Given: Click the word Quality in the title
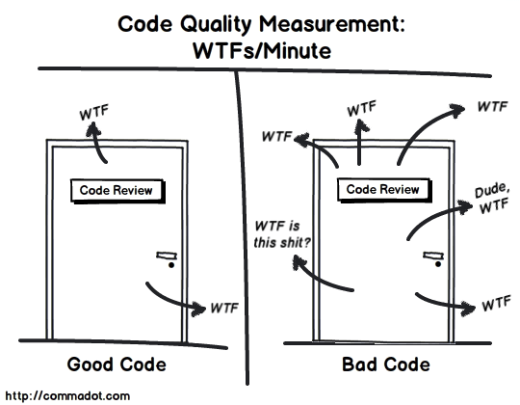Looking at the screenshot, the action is coord(216,24).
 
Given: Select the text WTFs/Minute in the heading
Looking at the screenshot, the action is coord(262,51).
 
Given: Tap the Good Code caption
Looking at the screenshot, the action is coord(117,364).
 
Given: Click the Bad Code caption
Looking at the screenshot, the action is coord(386,364).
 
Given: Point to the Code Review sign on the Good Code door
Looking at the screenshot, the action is coord(117,191).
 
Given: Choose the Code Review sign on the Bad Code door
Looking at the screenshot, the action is coord(384,190).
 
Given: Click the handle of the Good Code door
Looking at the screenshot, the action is coord(167,256).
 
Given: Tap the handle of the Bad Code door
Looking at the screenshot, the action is coord(433,256).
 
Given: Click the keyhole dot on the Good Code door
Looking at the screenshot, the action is coord(171,265).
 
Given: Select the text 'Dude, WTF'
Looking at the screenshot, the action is coord(492,199).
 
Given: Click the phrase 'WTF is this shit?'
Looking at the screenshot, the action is coord(281,234).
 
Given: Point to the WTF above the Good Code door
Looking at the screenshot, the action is coord(94,113).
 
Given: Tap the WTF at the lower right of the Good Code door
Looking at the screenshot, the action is coord(224,308).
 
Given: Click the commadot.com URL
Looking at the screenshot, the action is coord(67,395).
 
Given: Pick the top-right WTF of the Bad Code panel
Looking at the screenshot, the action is coord(492,106).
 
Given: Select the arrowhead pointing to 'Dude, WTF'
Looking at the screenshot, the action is coord(465,206).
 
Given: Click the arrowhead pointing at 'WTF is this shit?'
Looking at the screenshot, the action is coord(299,262).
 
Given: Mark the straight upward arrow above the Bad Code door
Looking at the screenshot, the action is coord(359,142).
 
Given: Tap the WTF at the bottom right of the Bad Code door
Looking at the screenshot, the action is coord(496,303).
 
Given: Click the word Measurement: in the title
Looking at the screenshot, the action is coord(332,24).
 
